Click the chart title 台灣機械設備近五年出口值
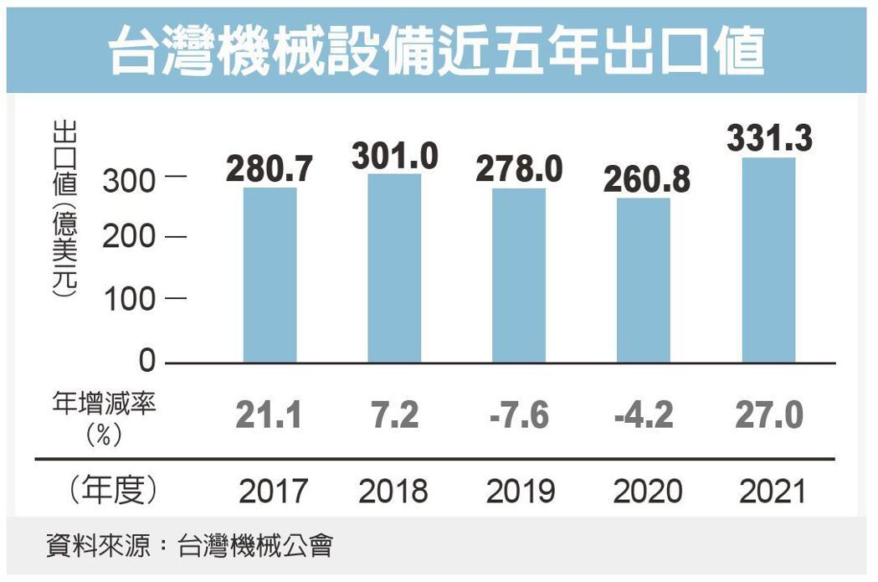pyautogui.click(x=438, y=49)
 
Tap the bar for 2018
pyautogui.click(x=394, y=268)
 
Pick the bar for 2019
pyautogui.click(x=519, y=276)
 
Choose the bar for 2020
pyautogui.click(x=644, y=281)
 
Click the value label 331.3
pyautogui.click(x=768, y=139)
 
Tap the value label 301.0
pyautogui.click(x=394, y=156)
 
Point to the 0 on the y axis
pyautogui.click(x=147, y=362)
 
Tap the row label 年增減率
pyautogui.click(x=104, y=404)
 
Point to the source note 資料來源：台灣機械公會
pyautogui.click(x=189, y=548)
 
